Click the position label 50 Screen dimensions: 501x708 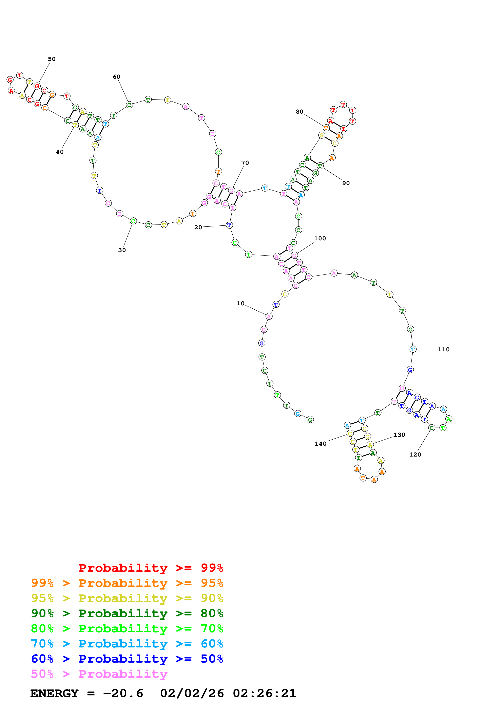52,59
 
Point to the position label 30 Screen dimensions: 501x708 122,250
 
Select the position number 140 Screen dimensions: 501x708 320,444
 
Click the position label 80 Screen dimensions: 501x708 300,112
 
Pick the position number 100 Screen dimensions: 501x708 320,238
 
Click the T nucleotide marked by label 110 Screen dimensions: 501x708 413,349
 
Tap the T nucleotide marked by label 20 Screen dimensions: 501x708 229,225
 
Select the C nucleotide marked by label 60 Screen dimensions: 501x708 129,105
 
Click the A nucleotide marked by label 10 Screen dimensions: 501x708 269,316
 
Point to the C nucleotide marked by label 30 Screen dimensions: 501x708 133,221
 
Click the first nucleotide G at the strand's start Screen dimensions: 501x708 310,419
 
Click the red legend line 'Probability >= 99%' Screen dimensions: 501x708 151,568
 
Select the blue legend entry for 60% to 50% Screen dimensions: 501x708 127,659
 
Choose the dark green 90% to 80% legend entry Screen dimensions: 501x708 127,613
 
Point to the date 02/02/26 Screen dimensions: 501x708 192,693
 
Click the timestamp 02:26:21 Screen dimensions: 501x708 265,693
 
